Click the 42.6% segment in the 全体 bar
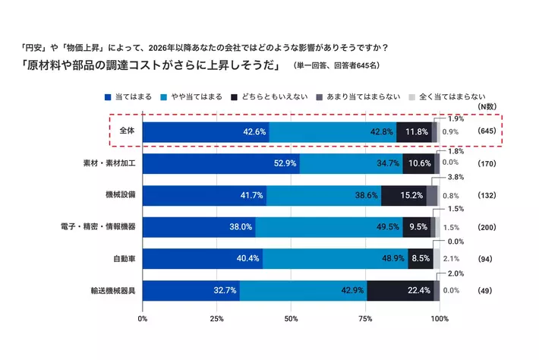tap(206, 132)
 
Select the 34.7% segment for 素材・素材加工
tap(351, 163)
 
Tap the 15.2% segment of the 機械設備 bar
tap(403, 195)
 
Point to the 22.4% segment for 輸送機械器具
tap(400, 290)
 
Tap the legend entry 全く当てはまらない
tap(447, 96)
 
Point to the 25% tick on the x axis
tap(216, 318)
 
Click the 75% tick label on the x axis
tap(365, 318)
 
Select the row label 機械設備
tap(121, 195)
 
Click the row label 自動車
tap(125, 259)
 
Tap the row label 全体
tap(126, 131)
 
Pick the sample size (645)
tap(487, 132)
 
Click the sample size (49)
tap(486, 291)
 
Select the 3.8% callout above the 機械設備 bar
tap(455, 176)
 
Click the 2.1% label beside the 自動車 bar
tap(450, 259)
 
